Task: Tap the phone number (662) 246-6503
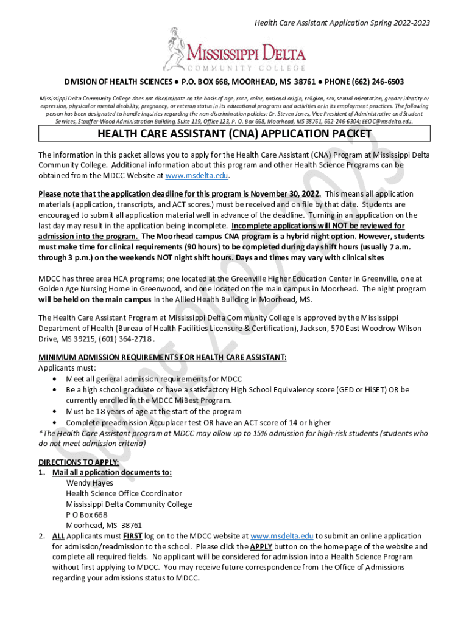pyautogui.click(x=373, y=82)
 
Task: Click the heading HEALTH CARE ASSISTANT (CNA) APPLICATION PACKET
pyautogui.click(x=234, y=134)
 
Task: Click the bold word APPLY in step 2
pyautogui.click(x=261, y=546)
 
